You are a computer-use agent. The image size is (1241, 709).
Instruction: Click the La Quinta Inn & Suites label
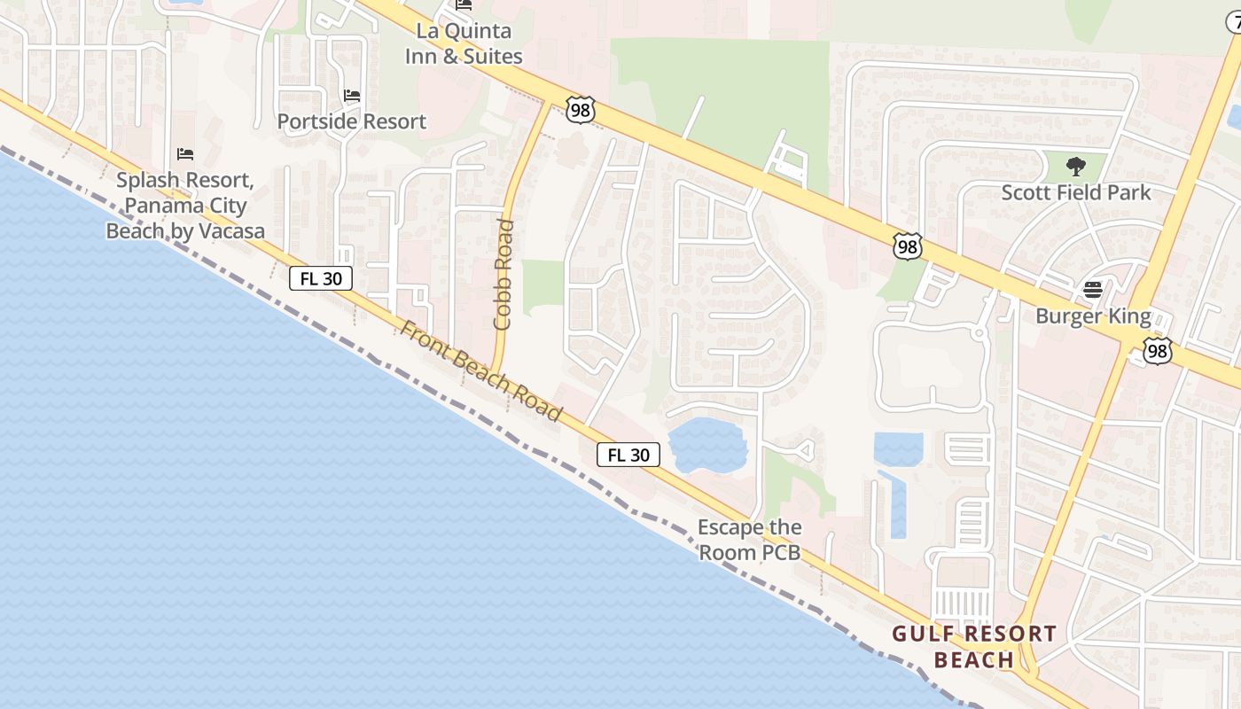464,43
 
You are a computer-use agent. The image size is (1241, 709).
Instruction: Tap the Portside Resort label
352,121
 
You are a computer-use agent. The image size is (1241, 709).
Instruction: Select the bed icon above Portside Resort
352,96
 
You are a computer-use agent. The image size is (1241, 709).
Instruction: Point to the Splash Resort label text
185,206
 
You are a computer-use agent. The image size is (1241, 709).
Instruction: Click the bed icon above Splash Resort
185,154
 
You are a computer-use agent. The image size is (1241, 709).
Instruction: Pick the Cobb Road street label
503,274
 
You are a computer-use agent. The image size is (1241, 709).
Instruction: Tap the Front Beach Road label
480,370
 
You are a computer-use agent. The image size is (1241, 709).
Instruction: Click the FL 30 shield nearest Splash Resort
321,278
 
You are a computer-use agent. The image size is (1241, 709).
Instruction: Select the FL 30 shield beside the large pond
628,456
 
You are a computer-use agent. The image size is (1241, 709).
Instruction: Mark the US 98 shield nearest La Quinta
580,111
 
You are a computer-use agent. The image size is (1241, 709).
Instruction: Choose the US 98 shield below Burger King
1157,351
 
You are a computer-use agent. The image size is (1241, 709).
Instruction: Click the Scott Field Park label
1076,192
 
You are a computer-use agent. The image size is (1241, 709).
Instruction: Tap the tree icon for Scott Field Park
1076,166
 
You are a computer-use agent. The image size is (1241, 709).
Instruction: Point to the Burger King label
1093,316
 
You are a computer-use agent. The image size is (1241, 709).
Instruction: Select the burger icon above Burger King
1093,290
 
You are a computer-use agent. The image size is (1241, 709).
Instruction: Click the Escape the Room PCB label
749,540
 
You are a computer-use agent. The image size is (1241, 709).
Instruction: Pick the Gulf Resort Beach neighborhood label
974,646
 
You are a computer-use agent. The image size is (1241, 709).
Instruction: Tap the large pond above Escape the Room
707,445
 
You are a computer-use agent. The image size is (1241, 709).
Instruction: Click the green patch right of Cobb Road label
542,287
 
